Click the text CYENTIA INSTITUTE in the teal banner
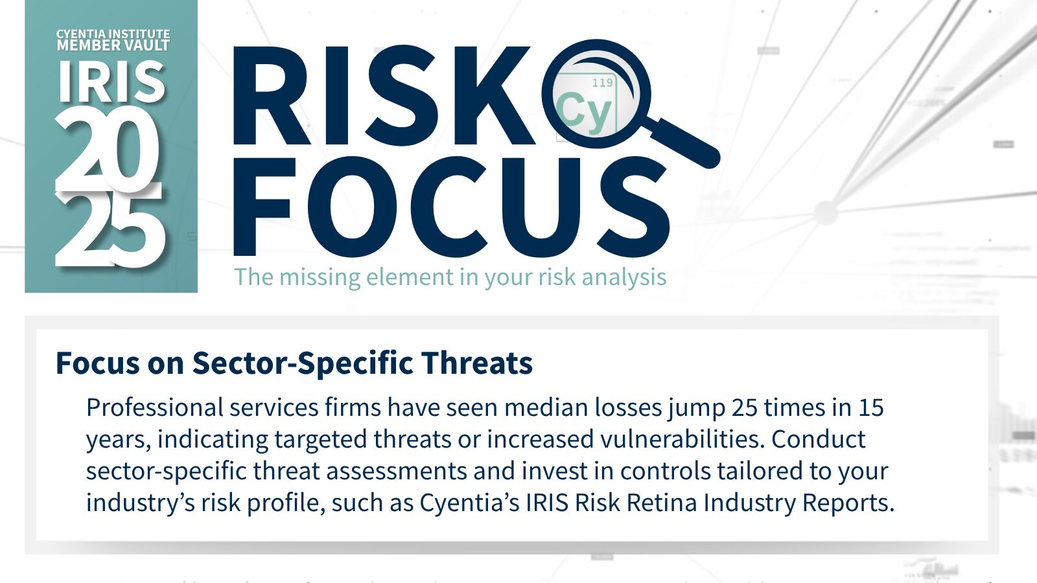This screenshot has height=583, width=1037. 113,34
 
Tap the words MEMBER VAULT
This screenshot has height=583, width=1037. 113,45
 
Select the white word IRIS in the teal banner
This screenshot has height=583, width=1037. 111,82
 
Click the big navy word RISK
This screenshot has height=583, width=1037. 384,95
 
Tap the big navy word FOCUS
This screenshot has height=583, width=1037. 451,207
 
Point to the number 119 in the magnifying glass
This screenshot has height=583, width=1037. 602,83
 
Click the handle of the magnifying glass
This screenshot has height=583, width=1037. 681,141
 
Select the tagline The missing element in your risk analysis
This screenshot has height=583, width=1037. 450,277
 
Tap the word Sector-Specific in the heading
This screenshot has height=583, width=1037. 302,363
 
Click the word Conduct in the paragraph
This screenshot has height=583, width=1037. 819,439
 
